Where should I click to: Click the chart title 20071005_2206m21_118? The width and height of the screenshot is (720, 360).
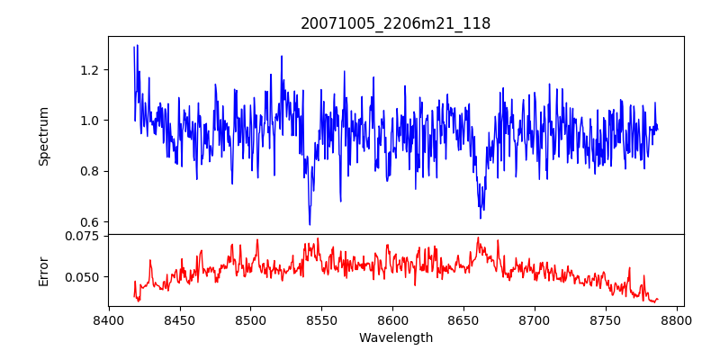[x=395, y=23]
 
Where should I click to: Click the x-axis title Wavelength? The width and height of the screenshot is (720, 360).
[x=395, y=337]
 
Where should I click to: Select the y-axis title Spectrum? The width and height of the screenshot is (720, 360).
[x=43, y=135]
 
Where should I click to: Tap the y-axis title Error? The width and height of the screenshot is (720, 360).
[x=43, y=270]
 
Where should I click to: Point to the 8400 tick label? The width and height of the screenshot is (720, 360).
[x=109, y=319]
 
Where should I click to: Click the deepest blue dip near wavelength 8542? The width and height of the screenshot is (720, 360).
[x=310, y=224]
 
